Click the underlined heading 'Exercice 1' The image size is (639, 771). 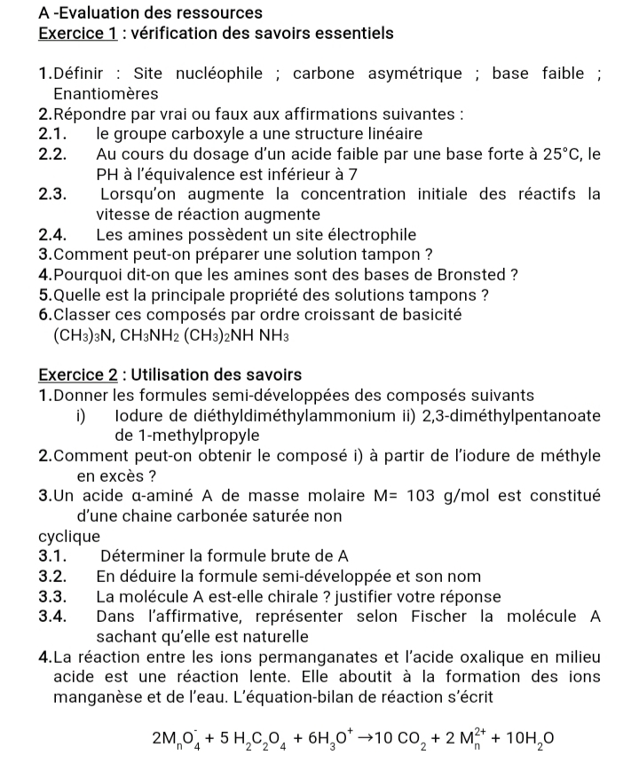click(78, 35)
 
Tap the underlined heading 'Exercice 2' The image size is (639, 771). click(78, 375)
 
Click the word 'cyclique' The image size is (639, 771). click(69, 537)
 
